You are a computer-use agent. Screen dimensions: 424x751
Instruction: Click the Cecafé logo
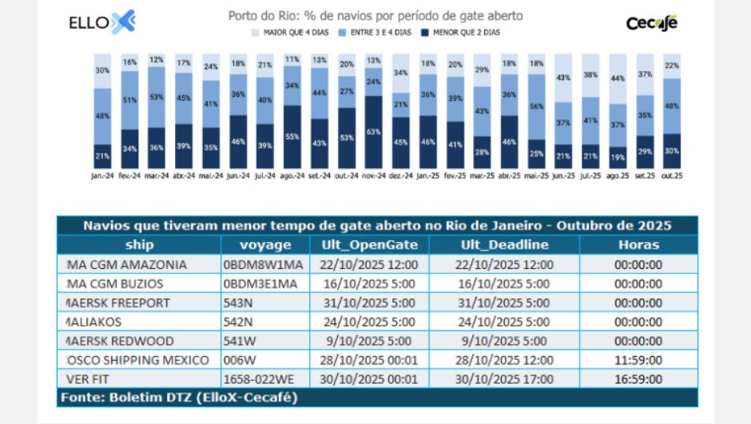(x=651, y=22)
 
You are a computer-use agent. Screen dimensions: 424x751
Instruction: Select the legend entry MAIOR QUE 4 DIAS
(x=291, y=32)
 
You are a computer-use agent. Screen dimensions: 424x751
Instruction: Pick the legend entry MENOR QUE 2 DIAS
(x=466, y=32)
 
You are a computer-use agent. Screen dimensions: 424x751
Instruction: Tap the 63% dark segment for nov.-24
(x=373, y=132)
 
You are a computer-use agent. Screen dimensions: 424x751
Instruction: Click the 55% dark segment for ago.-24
(x=292, y=137)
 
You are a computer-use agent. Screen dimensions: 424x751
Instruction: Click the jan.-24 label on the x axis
(x=102, y=174)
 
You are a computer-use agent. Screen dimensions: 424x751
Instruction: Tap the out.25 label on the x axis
(x=671, y=174)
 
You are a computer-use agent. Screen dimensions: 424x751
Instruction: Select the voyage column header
(x=265, y=245)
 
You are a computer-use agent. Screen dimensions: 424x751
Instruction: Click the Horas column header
(x=639, y=245)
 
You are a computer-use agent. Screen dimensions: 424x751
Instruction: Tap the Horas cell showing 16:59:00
(x=639, y=379)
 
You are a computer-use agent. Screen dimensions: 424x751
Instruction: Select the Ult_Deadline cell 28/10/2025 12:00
(x=505, y=360)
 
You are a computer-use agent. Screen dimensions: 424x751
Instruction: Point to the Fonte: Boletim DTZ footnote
(x=177, y=397)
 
